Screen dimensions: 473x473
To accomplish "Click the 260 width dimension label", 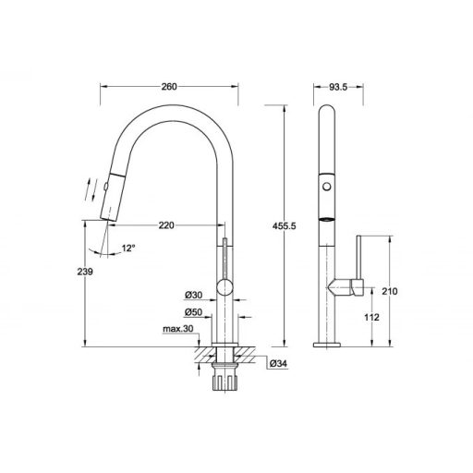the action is (169, 87).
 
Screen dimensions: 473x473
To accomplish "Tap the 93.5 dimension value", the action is (338, 87).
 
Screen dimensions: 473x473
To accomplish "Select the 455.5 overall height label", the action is (284, 226).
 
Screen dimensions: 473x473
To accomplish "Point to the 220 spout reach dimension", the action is (166, 225).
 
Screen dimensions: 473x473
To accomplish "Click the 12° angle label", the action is (128, 248).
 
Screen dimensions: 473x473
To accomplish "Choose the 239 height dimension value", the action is (85, 272).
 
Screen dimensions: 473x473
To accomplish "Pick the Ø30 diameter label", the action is (193, 295).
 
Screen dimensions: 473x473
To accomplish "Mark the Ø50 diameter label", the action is (193, 312).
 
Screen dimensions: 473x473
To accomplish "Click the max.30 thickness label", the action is (178, 329).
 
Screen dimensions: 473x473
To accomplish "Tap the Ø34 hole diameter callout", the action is (278, 364).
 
